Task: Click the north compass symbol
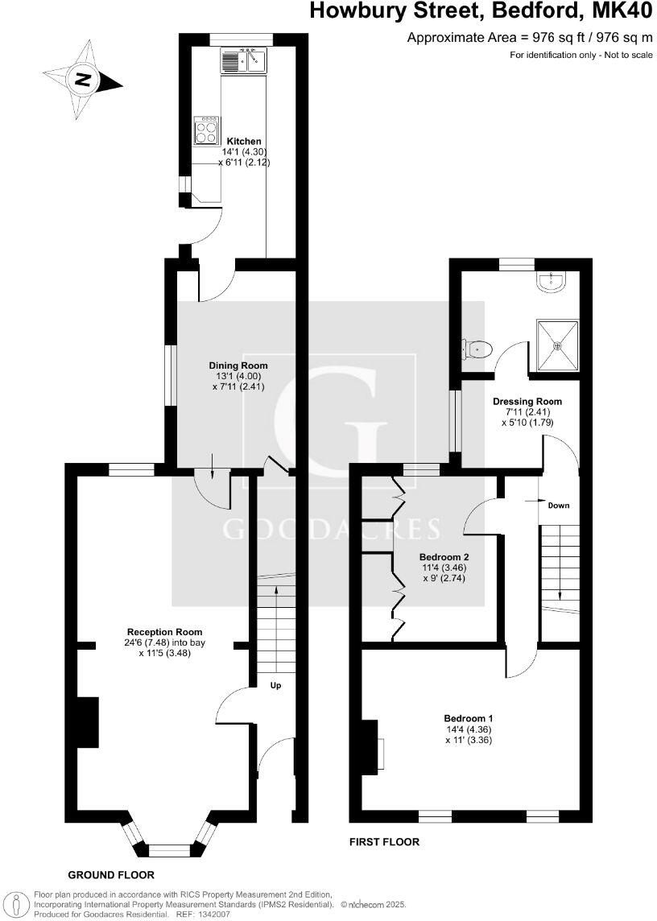tap(82, 79)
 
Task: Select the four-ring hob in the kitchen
tap(206, 130)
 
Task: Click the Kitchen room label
tap(243, 142)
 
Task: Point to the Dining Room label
tap(238, 366)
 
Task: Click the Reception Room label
tap(164, 632)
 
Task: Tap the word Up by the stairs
tap(275, 686)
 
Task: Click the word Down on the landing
tap(559, 506)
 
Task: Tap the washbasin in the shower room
tap(553, 280)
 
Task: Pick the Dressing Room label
tap(528, 401)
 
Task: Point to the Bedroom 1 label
tap(469, 718)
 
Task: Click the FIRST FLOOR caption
tap(384, 842)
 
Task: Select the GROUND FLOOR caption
tap(111, 874)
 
